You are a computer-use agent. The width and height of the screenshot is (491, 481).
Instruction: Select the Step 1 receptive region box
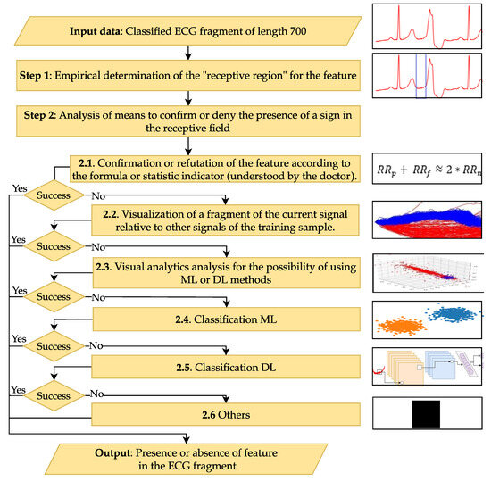188,75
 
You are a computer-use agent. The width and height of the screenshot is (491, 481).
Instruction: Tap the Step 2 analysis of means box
188,120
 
